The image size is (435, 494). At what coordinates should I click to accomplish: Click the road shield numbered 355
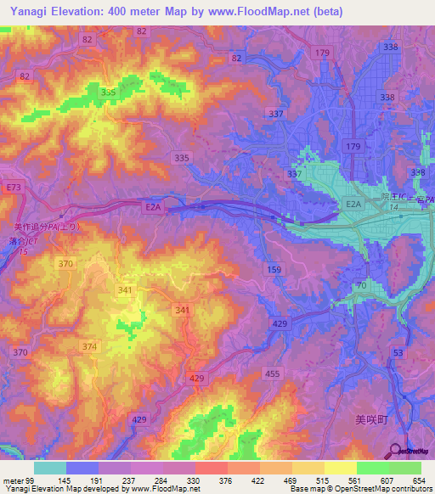click(x=108, y=92)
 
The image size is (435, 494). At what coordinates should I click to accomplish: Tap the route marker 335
click(x=181, y=158)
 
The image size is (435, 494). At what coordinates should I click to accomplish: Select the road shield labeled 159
click(x=274, y=270)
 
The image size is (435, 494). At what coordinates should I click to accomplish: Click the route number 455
click(x=272, y=373)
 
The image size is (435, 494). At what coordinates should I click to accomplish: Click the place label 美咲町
click(x=370, y=419)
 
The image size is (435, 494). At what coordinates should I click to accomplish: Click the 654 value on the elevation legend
click(x=417, y=480)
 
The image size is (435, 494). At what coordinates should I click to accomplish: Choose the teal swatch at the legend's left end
click(x=50, y=468)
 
